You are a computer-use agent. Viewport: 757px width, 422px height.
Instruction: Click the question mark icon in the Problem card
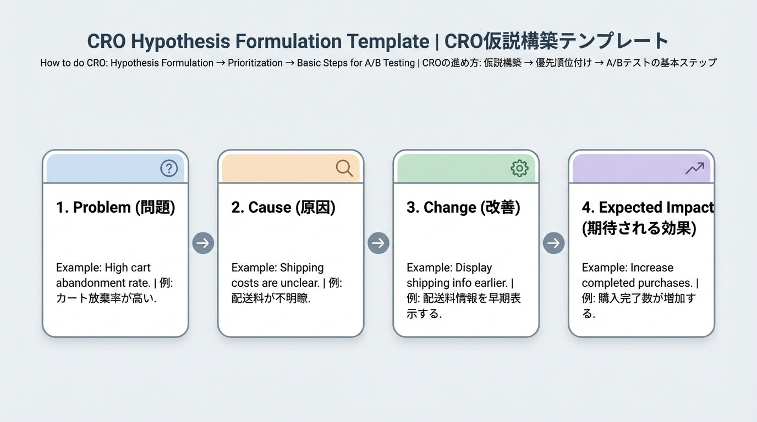point(169,168)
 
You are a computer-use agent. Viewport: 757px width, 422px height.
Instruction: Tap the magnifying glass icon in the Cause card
point(344,168)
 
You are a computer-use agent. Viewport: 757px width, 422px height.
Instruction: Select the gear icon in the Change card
point(519,168)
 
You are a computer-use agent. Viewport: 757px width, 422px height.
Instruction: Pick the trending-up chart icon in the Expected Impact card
point(695,168)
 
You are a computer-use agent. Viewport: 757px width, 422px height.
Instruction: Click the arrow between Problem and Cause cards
point(203,243)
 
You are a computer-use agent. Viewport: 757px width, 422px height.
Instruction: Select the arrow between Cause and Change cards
point(378,243)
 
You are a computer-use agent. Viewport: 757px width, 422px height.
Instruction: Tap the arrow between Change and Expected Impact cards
point(553,243)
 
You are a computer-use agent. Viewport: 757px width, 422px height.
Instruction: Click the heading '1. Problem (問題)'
point(116,208)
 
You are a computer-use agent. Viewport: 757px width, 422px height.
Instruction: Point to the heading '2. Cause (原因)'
point(283,208)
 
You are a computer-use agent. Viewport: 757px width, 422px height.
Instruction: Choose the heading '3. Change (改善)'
point(463,208)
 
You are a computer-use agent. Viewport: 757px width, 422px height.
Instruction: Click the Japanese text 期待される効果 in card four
point(639,228)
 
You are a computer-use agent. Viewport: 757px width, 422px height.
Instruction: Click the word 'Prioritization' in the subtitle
point(255,63)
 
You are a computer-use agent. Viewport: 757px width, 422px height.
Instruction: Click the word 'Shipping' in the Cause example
point(302,268)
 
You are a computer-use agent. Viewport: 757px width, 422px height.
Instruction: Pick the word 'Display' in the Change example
point(474,268)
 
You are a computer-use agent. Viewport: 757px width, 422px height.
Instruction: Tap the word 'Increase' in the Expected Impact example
point(652,268)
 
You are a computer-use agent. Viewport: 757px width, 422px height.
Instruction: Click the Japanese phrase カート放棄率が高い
point(106,299)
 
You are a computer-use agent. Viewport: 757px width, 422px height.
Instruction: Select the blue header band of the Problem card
point(105,169)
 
